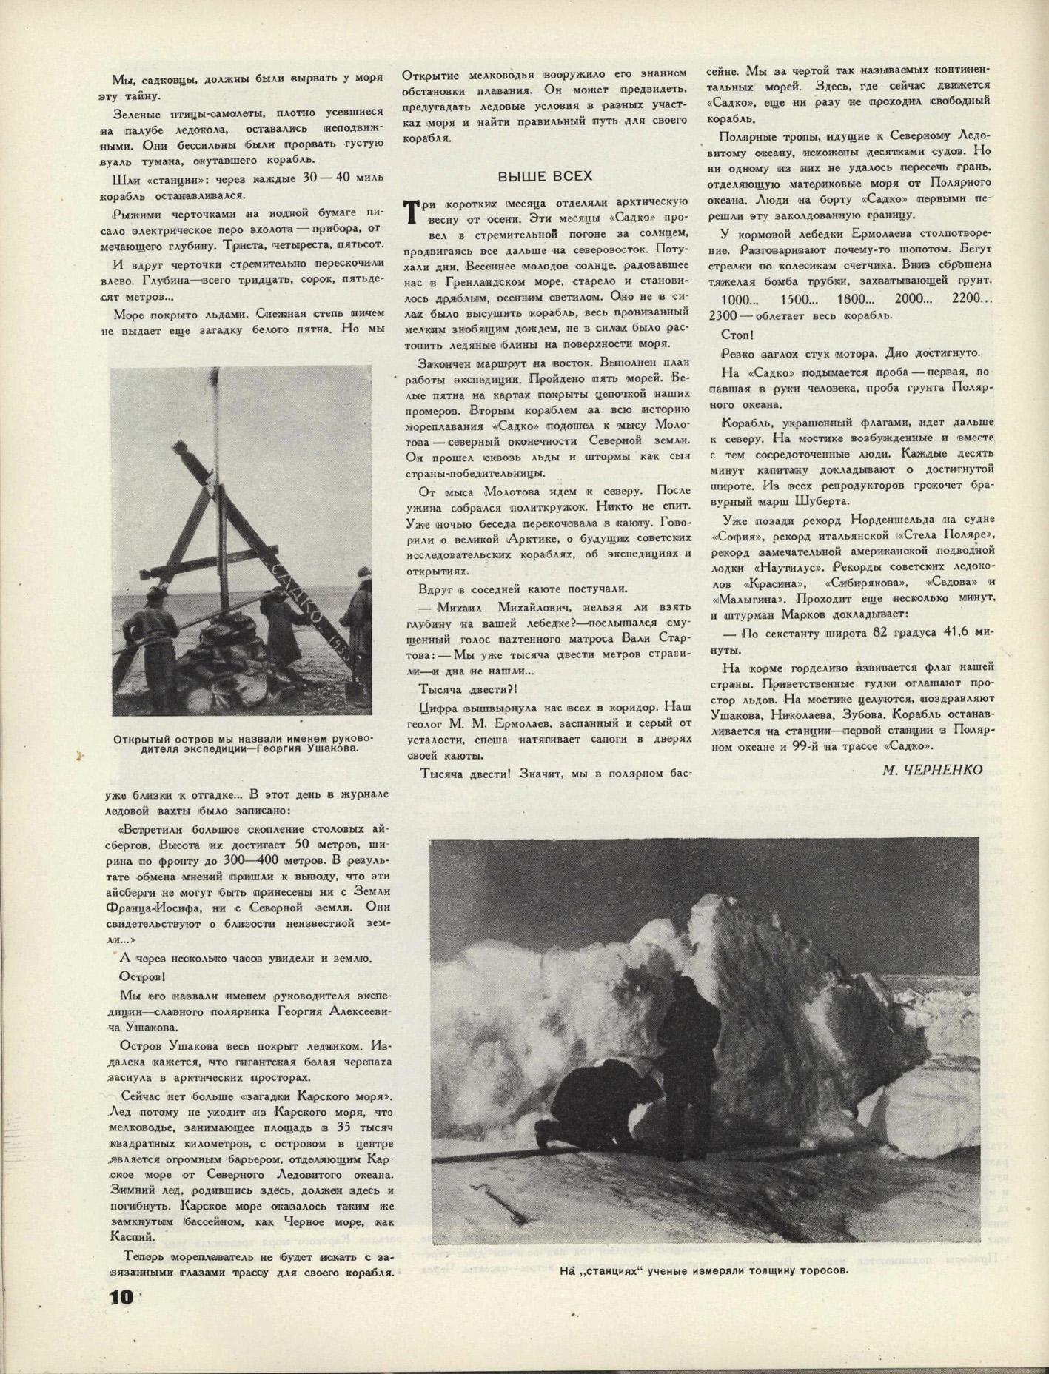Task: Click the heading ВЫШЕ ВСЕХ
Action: coord(545,176)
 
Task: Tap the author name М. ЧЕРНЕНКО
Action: coord(932,770)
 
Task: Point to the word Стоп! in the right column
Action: coord(737,335)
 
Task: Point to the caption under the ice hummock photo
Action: coord(703,1270)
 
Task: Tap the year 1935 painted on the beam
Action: coord(341,644)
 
